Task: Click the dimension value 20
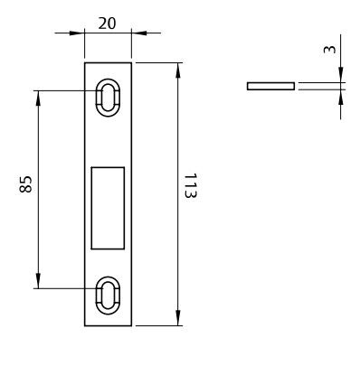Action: (107, 23)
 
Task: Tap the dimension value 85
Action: (25, 184)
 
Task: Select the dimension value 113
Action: (191, 185)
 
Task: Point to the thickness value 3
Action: (329, 49)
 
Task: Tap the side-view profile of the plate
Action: (270, 86)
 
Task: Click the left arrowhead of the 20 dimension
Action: (77, 33)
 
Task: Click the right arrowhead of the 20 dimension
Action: (139, 33)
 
